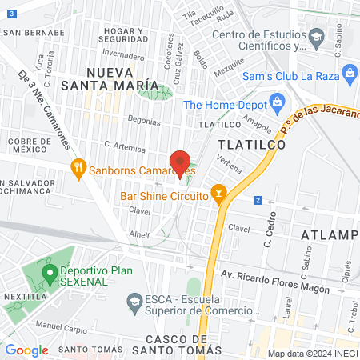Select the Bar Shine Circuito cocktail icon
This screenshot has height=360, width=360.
pyautogui.click(x=217, y=194)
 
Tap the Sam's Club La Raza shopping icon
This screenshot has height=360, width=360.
pyautogui.click(x=350, y=73)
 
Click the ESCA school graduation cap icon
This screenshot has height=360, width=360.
pyautogui.click(x=134, y=300)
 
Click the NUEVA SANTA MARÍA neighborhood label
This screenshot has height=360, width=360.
pyautogui.click(x=121, y=78)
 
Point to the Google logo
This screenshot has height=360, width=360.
pyautogui.click(x=26, y=350)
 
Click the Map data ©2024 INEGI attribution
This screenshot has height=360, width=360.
pyautogui.click(x=311, y=353)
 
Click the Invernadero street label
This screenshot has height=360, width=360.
pyautogui.click(x=123, y=55)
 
